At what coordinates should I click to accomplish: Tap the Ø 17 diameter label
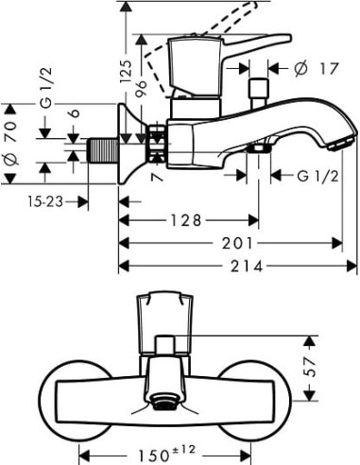pyautogui.click(x=311, y=67)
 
